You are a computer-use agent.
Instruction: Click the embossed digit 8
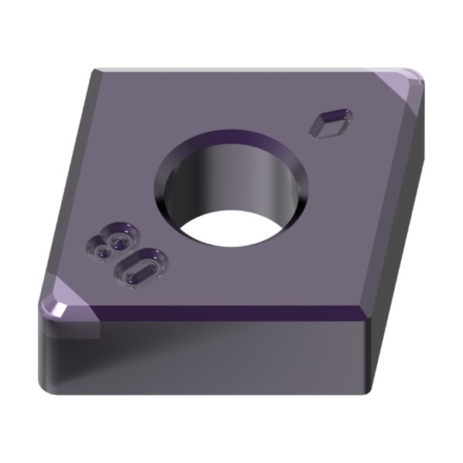click(x=112, y=242)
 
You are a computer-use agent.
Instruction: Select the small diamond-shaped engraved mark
click(x=331, y=123)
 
